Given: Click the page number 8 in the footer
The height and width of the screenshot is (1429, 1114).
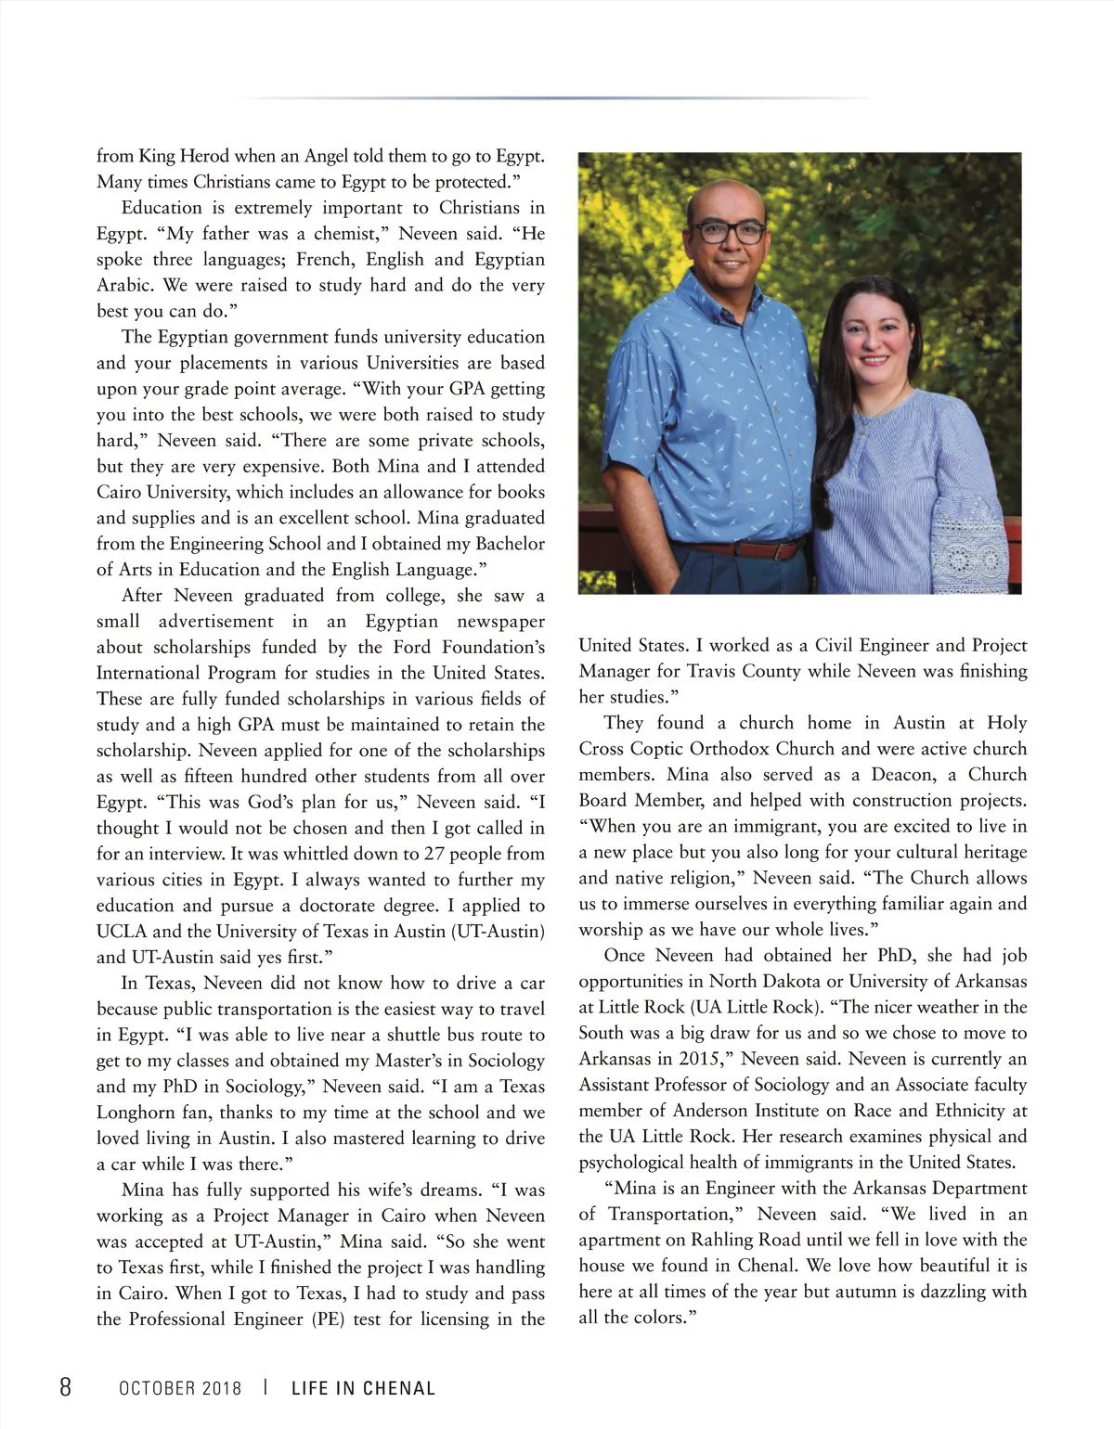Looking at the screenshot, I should pos(65,1386).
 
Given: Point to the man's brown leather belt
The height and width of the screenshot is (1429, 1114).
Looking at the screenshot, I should pos(733,549).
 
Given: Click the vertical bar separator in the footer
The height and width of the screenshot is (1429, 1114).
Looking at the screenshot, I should pos(266,1387).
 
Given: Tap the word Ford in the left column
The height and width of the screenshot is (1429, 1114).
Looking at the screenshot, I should pos(414,647).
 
